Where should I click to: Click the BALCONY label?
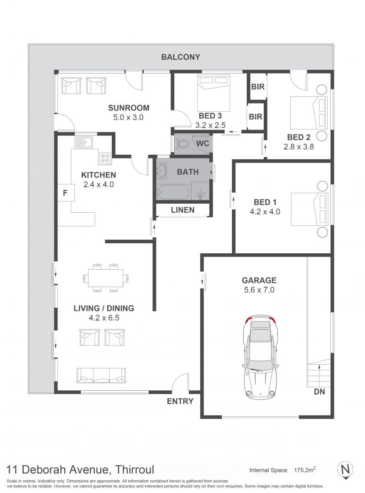(x=181, y=57)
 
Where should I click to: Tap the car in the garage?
(x=259, y=357)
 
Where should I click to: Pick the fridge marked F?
(x=65, y=193)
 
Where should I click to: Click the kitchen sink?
(x=83, y=142)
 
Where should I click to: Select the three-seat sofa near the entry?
(x=101, y=375)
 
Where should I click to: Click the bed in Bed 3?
(x=214, y=92)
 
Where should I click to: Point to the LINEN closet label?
(x=182, y=210)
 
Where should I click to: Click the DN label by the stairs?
(x=319, y=392)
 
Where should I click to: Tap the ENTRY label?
(x=180, y=401)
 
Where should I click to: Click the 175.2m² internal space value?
(x=305, y=470)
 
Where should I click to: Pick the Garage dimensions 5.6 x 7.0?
(x=259, y=289)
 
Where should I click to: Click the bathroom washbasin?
(x=162, y=172)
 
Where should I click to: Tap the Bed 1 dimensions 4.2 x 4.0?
(x=265, y=212)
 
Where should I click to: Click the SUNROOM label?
(x=129, y=108)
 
